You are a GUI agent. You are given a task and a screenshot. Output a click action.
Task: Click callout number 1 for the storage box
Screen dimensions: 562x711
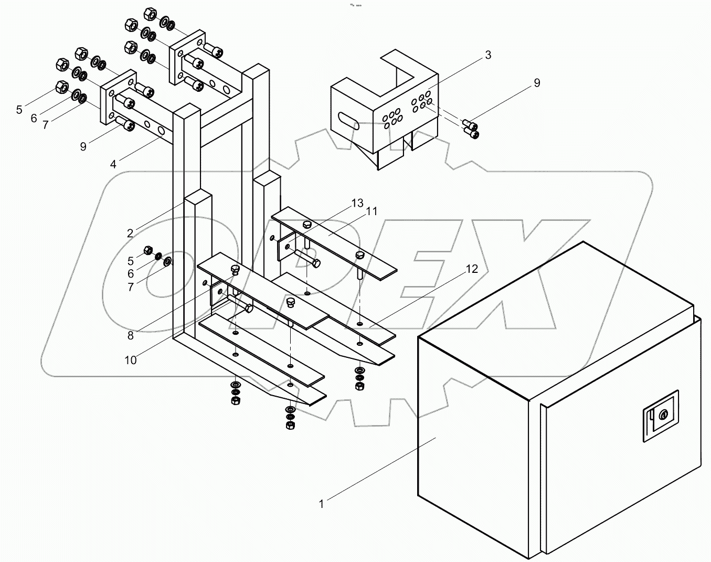pyautogui.click(x=321, y=504)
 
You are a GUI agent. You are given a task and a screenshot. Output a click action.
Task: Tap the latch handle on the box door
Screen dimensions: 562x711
pyautogui.click(x=661, y=416)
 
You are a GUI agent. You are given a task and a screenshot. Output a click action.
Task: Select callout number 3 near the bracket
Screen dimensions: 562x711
pyautogui.click(x=487, y=55)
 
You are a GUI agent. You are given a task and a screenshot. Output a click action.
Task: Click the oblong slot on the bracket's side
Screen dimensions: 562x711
pyautogui.click(x=348, y=121)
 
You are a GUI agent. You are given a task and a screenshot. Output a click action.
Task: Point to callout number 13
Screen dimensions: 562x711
pyautogui.click(x=357, y=203)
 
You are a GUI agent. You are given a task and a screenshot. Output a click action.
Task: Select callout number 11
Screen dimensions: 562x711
pyautogui.click(x=372, y=211)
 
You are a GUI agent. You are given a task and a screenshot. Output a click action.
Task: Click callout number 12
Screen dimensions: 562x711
pyautogui.click(x=472, y=269)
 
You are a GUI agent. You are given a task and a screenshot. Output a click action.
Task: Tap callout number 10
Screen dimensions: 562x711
pyautogui.click(x=130, y=360)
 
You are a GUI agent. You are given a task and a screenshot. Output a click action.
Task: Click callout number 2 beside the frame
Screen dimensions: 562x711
pyautogui.click(x=130, y=233)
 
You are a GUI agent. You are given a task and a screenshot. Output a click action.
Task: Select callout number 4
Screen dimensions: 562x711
pyautogui.click(x=113, y=164)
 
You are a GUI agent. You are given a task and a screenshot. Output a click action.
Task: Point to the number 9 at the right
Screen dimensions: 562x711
pyautogui.click(x=537, y=83)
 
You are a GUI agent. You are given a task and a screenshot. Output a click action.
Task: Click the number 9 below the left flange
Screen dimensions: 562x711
pyautogui.click(x=83, y=147)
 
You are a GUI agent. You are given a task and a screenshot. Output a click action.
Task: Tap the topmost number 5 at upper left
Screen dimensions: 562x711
pyautogui.click(x=19, y=109)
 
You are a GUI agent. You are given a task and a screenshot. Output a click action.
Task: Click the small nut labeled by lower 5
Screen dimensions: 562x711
pyautogui.click(x=148, y=250)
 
